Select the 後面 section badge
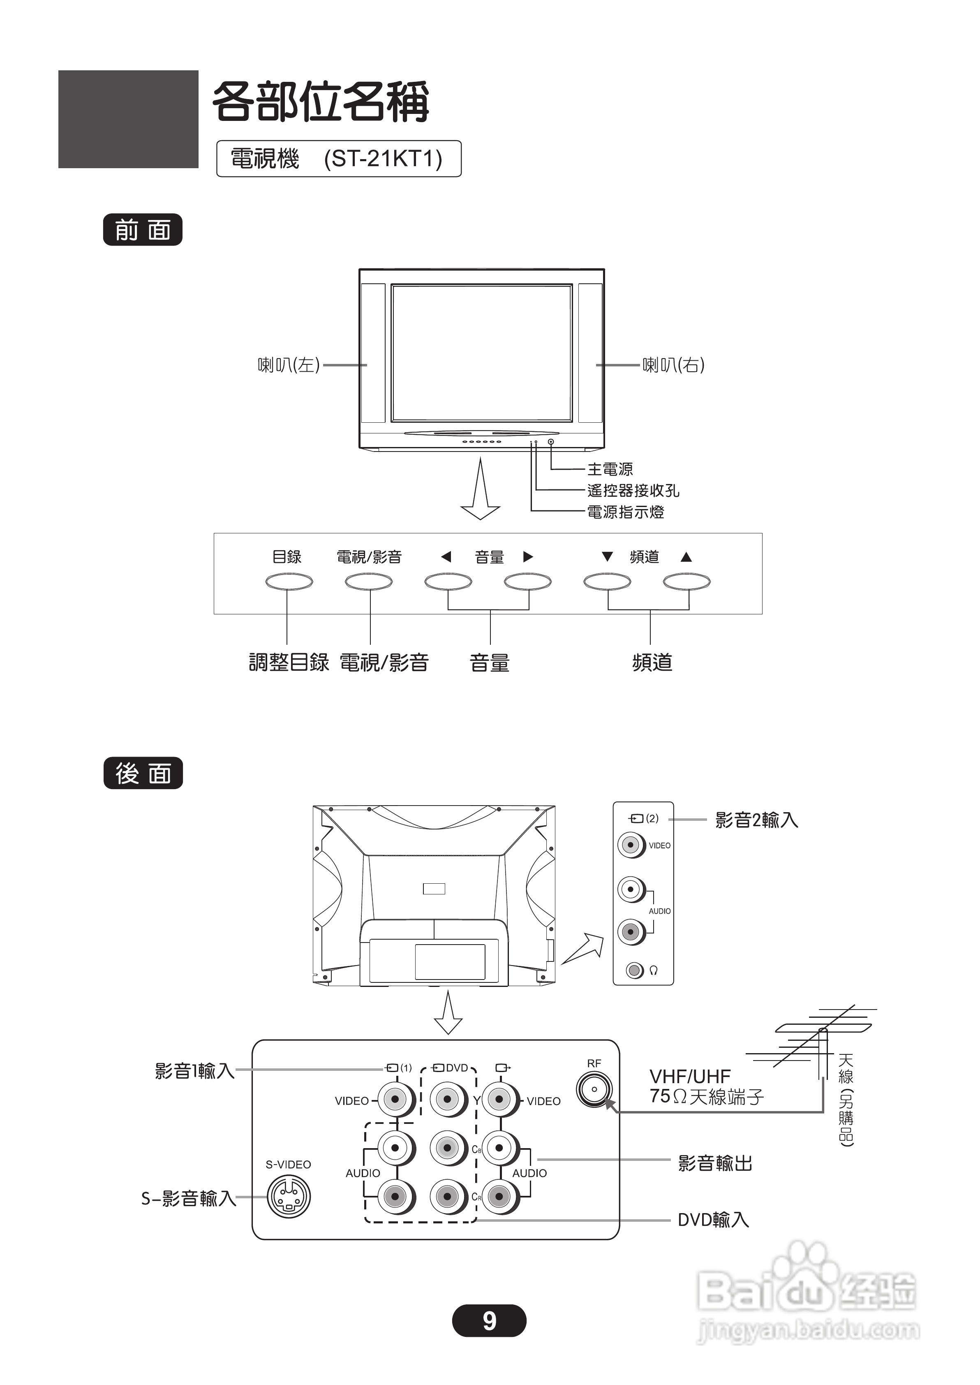(143, 773)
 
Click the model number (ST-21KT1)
(383, 159)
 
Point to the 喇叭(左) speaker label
(289, 365)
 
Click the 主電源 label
(610, 469)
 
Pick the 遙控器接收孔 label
(633, 491)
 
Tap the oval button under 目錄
(289, 582)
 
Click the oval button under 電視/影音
(369, 582)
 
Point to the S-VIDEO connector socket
(289, 1197)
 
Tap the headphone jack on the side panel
(633, 970)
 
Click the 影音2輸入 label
(756, 820)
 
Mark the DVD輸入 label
(713, 1220)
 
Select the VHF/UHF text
(690, 1077)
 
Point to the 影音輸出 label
(715, 1163)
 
